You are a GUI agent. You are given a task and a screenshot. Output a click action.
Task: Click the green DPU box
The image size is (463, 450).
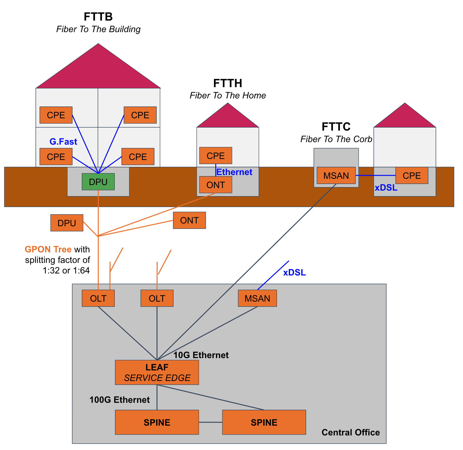coord(98,182)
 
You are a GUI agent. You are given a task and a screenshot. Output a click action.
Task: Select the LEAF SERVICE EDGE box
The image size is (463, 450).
coord(157,372)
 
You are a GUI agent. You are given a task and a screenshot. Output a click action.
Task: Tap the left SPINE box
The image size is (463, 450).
coord(157,422)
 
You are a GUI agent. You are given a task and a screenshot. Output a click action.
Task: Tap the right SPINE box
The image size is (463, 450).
coord(264,422)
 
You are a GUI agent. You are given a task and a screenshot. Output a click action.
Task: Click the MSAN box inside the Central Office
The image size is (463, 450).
coord(257,298)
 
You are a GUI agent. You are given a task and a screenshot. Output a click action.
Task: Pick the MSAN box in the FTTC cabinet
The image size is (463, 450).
coord(336,175)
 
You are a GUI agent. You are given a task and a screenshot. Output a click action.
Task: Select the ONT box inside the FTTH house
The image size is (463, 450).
coord(215,185)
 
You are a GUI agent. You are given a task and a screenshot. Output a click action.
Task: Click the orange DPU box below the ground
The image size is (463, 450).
coord(67,223)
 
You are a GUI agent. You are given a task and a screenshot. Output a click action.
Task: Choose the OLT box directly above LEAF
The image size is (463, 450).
coord(157,298)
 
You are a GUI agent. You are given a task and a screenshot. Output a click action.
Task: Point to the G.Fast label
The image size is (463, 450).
coord(63,142)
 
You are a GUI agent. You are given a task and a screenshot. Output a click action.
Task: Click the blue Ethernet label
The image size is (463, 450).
coord(234,172)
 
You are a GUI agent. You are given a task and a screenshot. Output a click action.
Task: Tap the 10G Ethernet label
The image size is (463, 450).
coord(201,355)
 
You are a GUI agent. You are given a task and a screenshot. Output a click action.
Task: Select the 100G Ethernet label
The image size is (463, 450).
coord(120,400)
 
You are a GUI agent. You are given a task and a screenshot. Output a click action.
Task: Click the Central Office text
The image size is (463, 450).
coord(351,432)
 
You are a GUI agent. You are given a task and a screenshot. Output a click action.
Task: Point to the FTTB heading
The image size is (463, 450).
coord(98,17)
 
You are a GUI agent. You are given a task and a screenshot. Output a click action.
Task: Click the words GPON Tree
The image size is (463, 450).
coord(48,249)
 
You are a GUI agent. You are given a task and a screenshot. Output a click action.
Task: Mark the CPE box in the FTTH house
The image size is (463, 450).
coord(215,155)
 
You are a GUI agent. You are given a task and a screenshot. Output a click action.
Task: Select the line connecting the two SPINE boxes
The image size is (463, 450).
coord(210,422)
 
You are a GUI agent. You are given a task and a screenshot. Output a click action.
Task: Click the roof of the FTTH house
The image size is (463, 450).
coord(227,118)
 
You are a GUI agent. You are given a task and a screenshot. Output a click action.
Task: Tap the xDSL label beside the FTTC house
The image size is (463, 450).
coord(386,188)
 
